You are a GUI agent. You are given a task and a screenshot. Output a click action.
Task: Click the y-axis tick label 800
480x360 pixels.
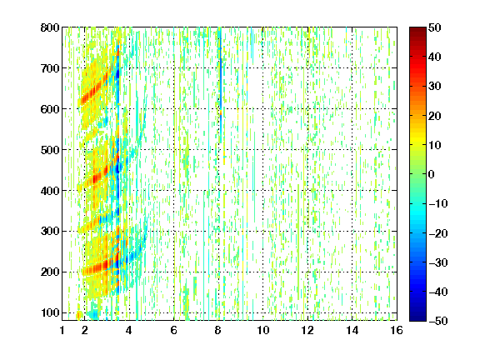pos(50,27)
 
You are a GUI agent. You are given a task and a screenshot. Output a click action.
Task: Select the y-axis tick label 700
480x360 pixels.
pos(50,68)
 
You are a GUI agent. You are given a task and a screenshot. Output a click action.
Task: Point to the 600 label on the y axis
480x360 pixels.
pos(50,109)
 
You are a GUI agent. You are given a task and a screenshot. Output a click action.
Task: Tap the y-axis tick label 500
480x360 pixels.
pos(50,150)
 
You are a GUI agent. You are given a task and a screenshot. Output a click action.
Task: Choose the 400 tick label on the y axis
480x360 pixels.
pos(50,191)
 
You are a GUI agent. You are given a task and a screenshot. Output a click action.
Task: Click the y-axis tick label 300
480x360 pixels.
pos(50,231)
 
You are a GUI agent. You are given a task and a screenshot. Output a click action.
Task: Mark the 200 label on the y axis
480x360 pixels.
pos(50,272)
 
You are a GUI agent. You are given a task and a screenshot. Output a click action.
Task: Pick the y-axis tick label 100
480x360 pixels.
pos(50,312)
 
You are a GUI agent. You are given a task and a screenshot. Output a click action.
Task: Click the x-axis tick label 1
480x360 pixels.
pos(62,330)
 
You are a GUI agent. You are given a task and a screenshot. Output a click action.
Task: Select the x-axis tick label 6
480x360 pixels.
pos(173,330)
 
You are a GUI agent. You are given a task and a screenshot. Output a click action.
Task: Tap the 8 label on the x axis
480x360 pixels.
pos(218,330)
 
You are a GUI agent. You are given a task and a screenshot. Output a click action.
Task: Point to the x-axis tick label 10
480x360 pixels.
pos(262,330)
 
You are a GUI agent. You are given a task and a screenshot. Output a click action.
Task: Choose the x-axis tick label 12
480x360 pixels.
pos(307,330)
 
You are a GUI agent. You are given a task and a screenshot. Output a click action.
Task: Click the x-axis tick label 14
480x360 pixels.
pos(352,330)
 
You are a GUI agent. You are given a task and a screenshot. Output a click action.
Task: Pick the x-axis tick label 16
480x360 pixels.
pos(397,330)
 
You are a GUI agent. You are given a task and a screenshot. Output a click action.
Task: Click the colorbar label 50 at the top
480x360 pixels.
pos(434,27)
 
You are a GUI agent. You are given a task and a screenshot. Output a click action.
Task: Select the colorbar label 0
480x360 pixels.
pos(432,174)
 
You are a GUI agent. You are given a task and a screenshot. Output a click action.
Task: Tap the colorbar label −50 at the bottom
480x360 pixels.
pos(438,321)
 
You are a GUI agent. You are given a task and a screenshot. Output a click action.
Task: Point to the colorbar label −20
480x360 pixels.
pos(438,233)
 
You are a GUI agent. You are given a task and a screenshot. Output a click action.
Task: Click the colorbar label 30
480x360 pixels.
pos(434,87)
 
